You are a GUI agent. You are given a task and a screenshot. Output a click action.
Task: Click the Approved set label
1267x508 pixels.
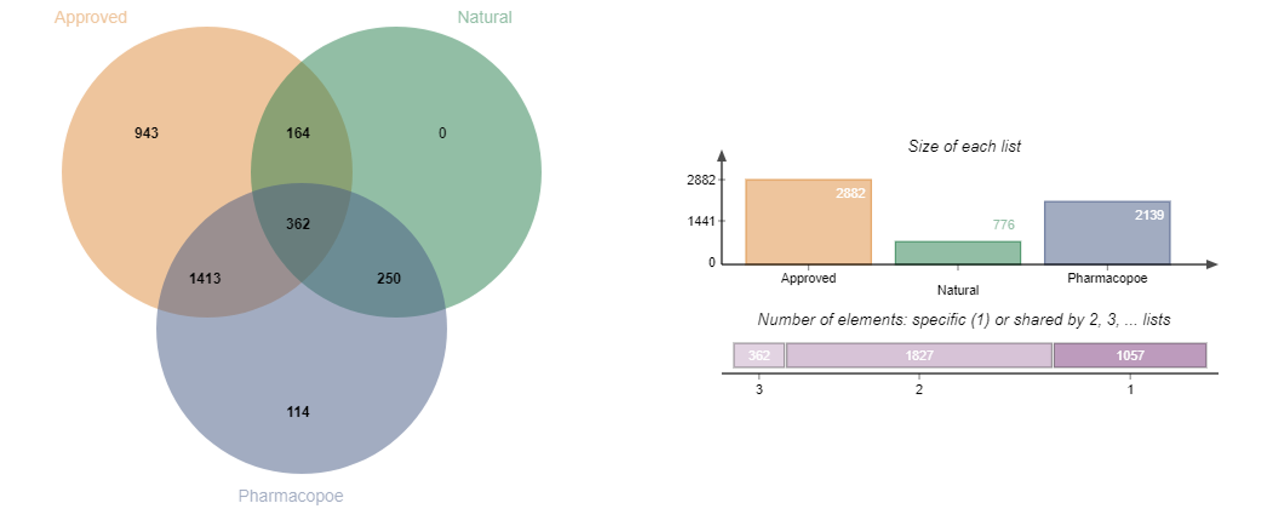(x=91, y=17)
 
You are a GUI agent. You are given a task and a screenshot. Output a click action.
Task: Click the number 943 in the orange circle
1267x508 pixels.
(x=147, y=133)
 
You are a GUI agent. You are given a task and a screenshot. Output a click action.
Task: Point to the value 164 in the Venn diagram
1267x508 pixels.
(x=298, y=133)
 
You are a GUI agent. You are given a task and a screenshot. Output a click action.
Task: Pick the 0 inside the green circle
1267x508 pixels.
(x=442, y=133)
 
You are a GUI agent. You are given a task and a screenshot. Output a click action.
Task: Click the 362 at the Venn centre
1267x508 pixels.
(x=298, y=224)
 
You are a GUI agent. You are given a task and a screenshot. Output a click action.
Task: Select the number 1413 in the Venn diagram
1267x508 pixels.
(x=205, y=279)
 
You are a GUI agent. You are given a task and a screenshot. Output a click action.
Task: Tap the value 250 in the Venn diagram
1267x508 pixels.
(x=389, y=279)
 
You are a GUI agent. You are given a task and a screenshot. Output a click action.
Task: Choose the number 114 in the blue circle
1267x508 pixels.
(x=298, y=412)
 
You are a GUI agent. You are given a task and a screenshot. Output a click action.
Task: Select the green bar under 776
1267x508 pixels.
(x=958, y=251)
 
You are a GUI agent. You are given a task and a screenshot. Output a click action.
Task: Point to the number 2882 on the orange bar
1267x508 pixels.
(x=850, y=193)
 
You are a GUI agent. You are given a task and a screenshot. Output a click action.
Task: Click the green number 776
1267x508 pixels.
(x=1003, y=225)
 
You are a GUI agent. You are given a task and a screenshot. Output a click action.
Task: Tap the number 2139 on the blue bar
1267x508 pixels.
(x=1149, y=215)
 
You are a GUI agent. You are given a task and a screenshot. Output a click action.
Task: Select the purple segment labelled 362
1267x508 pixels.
(x=759, y=355)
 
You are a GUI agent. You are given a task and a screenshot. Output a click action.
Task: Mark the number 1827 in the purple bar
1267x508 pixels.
(x=919, y=355)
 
